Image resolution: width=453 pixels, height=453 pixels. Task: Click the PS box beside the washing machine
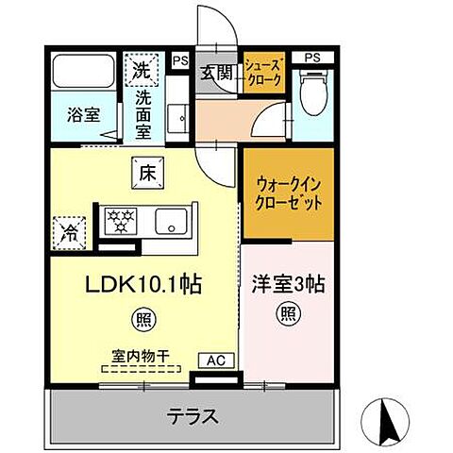[179, 61]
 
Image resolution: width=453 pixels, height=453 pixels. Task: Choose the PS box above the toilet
[311, 57]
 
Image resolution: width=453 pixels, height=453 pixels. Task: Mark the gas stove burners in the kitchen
[121, 221]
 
